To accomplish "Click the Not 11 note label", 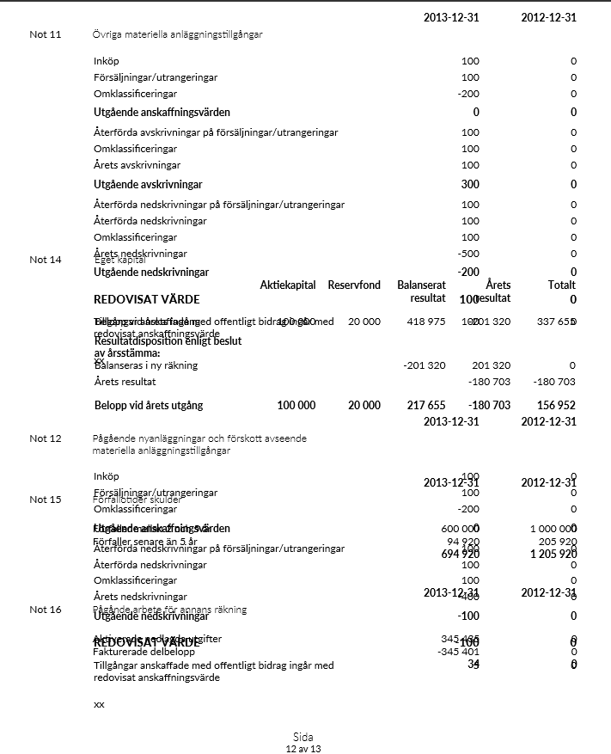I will (x=45, y=34).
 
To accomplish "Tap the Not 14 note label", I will (x=45, y=260).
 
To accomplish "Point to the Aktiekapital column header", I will (x=288, y=285).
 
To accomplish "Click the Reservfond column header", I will (x=354, y=285).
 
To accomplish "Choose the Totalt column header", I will (x=561, y=285).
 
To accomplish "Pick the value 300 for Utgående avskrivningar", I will (x=470, y=185).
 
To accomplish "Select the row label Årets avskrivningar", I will (x=137, y=165).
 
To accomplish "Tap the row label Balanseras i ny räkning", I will (x=145, y=365).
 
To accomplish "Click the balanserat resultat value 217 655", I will (x=426, y=406).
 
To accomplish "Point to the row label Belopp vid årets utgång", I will (x=148, y=406).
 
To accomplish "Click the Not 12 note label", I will (x=45, y=438).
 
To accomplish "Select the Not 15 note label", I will (x=45, y=500).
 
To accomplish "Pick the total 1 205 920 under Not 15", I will (x=553, y=555).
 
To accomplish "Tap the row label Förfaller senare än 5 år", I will (x=144, y=542).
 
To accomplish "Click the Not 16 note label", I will (x=45, y=610).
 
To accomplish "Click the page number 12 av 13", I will (x=302, y=749).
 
